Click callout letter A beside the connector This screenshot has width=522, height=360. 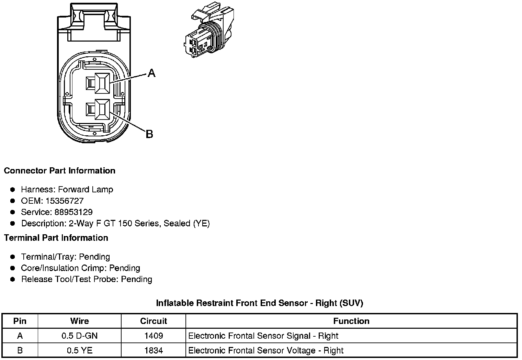pos(151,73)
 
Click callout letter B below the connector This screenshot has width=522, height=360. pos(149,134)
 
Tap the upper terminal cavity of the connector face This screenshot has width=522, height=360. pos(102,83)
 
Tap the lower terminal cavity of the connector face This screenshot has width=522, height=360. pos(102,110)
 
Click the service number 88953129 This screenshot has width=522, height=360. pos(73,212)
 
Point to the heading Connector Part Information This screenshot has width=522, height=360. pos(59,171)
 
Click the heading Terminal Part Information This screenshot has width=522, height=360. pos(56,238)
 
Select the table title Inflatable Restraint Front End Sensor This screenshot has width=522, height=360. pos(259,303)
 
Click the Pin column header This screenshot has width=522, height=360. pos(20,321)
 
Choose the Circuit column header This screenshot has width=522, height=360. pos(153,321)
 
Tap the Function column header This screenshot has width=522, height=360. pos(351,321)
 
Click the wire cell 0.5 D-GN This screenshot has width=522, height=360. pos(79,336)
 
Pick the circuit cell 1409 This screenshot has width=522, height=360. pos(153,336)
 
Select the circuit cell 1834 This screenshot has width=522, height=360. pos(153,350)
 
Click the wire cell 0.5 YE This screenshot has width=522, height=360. pos(79,350)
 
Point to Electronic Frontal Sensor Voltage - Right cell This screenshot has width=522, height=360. pos(266,350)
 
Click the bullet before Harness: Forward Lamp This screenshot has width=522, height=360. pos(13,190)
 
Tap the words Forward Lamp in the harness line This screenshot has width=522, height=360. pos(86,189)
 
